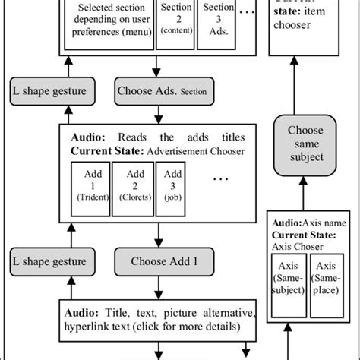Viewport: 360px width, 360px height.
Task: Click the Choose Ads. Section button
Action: coord(161,92)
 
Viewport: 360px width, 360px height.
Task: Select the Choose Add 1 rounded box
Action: coord(161,262)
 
